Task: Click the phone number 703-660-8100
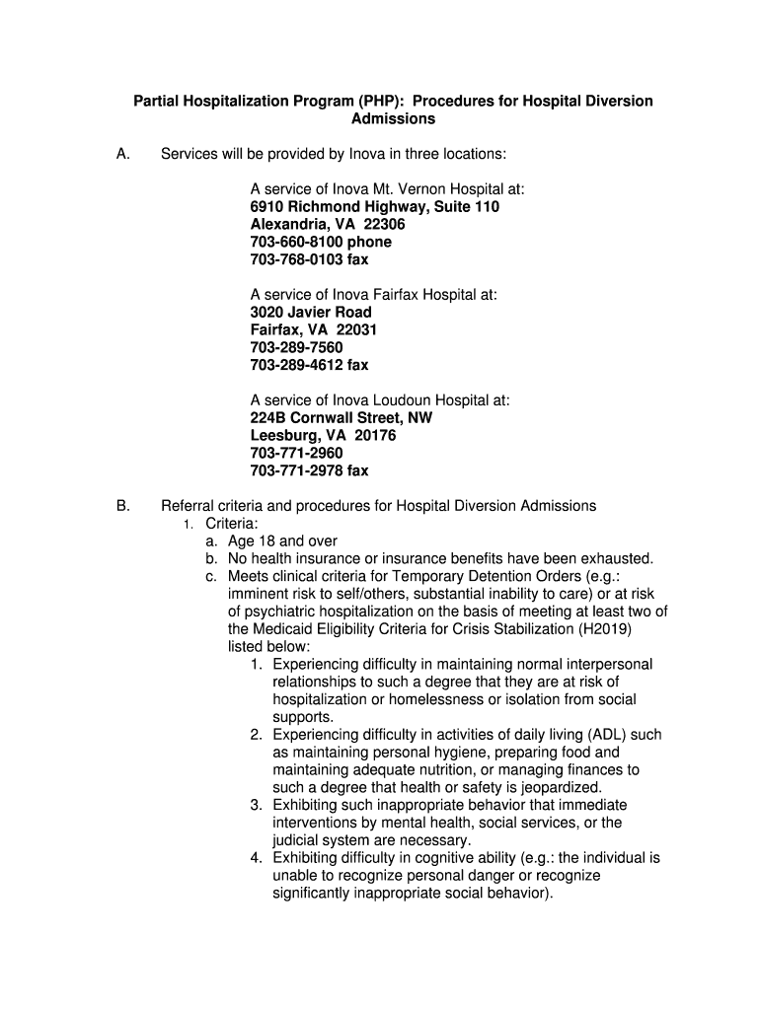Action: pos(293,243)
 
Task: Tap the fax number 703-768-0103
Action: pos(293,260)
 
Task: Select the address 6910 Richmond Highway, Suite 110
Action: pos(374,207)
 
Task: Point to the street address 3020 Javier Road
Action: pos(311,313)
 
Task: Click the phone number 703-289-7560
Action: pos(296,348)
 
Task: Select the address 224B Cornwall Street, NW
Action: pos(341,418)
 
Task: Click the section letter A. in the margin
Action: pos(122,154)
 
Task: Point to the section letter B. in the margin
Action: pos(122,506)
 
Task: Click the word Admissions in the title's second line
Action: pos(393,119)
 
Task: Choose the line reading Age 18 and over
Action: pos(281,541)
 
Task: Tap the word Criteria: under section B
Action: pos(232,524)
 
